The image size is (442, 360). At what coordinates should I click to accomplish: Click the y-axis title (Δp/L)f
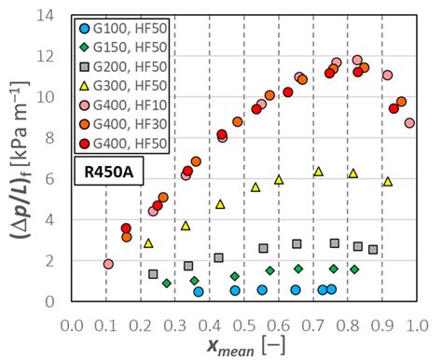pos(18,159)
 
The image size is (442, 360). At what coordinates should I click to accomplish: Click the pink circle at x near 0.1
pos(107,264)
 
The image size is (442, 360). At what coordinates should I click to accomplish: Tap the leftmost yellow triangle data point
pos(148,242)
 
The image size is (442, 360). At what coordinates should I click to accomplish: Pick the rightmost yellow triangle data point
pos(388,181)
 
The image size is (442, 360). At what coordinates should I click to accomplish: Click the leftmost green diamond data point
pos(166,283)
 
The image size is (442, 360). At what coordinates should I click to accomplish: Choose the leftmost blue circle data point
pos(199,292)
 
